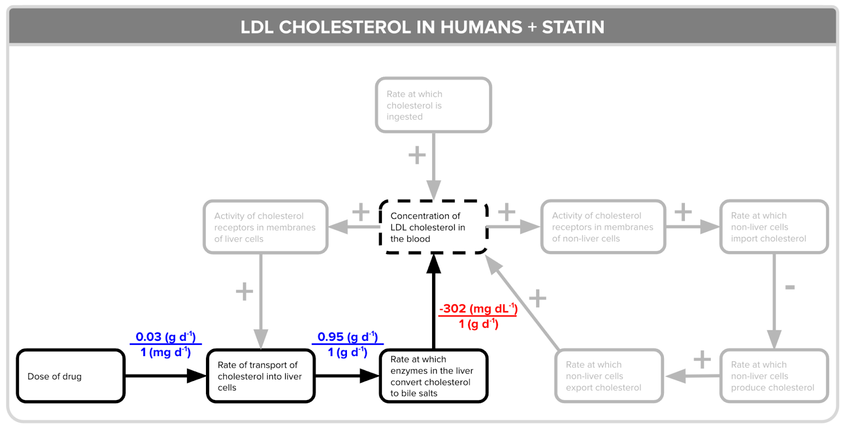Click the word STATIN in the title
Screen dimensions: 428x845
point(573,27)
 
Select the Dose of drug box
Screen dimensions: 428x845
point(71,376)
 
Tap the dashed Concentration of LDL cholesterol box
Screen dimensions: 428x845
point(433,227)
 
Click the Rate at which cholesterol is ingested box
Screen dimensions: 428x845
point(433,105)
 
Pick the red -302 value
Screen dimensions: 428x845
point(453,309)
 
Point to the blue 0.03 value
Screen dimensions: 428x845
point(148,337)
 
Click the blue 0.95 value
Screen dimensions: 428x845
point(331,337)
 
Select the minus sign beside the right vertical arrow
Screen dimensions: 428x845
point(790,287)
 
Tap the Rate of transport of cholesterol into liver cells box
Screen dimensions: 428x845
point(261,376)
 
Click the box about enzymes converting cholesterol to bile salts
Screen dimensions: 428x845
point(433,376)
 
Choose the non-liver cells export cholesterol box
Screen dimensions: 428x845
point(608,376)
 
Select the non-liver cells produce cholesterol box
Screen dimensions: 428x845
point(774,376)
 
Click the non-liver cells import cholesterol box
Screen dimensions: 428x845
point(774,227)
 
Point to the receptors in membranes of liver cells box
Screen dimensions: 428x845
point(265,227)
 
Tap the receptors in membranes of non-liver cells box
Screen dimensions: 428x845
point(603,227)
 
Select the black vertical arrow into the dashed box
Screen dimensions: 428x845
point(434,306)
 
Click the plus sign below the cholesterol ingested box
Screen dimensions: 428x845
point(417,155)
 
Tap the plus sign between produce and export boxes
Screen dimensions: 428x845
point(702,359)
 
